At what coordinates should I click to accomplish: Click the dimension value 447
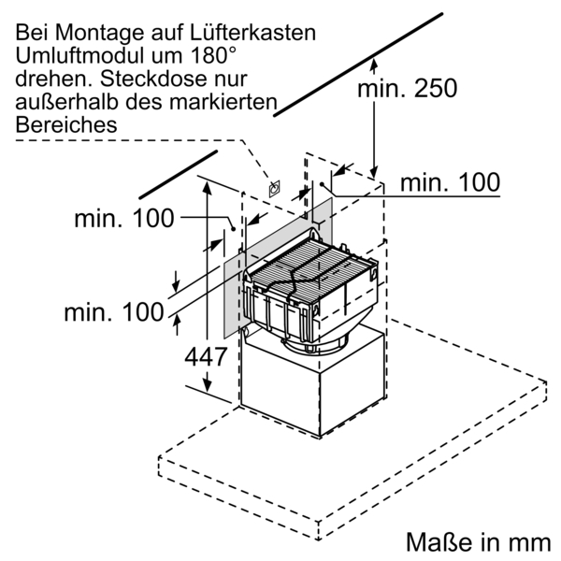pos(204,356)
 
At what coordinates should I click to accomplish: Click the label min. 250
pos(408,88)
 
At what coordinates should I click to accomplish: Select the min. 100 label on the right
pos(450,182)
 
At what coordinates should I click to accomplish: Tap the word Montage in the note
pos(97,33)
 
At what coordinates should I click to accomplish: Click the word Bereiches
pos(65,123)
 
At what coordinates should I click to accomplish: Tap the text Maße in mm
pos(477,542)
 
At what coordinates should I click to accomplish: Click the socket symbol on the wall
pos(274,188)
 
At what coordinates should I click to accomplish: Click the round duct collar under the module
pos(324,345)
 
